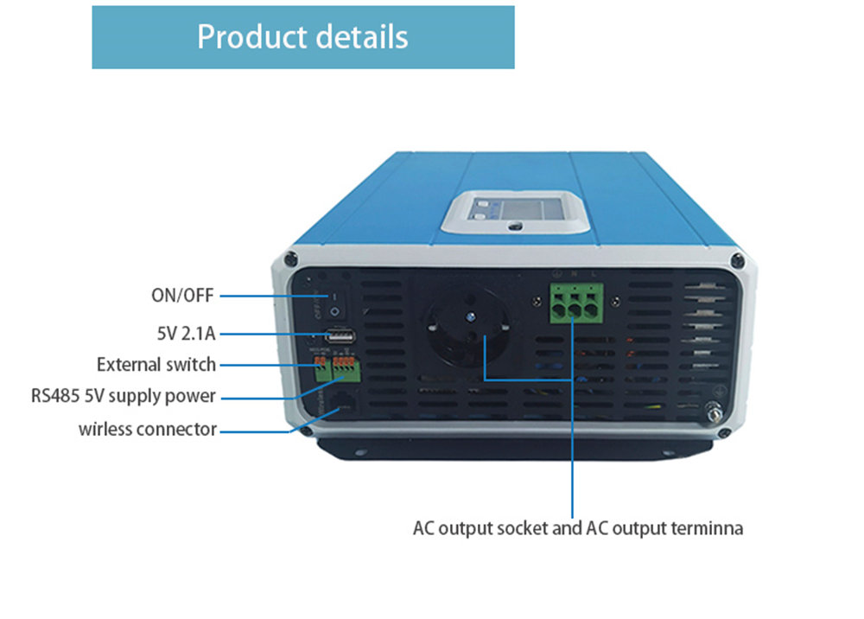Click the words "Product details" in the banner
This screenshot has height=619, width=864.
click(302, 37)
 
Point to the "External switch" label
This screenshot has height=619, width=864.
click(156, 364)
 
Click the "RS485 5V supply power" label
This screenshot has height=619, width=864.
click(123, 397)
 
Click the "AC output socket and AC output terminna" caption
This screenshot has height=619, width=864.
click(577, 527)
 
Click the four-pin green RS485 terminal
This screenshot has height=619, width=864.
click(346, 369)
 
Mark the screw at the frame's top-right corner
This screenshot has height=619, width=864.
click(736, 259)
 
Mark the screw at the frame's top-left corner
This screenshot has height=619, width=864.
click(291, 258)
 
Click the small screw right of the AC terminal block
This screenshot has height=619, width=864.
click(616, 301)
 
